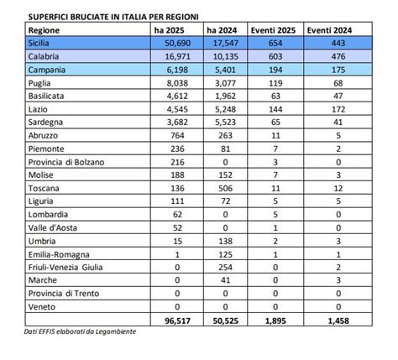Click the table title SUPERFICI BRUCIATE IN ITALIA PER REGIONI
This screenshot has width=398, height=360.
pyautogui.click(x=113, y=17)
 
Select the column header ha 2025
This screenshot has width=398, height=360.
pyautogui.click(x=169, y=30)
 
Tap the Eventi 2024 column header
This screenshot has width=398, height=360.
pyautogui.click(x=329, y=30)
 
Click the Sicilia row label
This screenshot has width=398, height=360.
pyautogui.click(x=39, y=43)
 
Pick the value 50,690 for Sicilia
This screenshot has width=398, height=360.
pyautogui.click(x=177, y=43)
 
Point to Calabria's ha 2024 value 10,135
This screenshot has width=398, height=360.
pyautogui.click(x=225, y=56)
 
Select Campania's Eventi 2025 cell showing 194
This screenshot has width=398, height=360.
pyautogui.click(x=275, y=70)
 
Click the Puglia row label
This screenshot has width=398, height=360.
pyautogui.click(x=39, y=83)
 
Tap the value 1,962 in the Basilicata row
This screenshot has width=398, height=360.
pyautogui.click(x=226, y=97)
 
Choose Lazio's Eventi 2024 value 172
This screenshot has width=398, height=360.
pyautogui.click(x=338, y=109)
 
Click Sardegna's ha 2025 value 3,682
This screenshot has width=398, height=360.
pyautogui.click(x=177, y=123)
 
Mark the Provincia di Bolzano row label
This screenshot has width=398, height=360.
pyautogui.click(x=66, y=162)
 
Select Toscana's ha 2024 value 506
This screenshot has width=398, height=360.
pyautogui.click(x=226, y=188)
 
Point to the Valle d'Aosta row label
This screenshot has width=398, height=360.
pyautogui.click(x=53, y=228)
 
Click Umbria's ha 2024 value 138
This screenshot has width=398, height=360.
pyautogui.click(x=226, y=241)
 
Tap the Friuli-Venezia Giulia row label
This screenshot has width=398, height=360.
pyautogui.click(x=65, y=268)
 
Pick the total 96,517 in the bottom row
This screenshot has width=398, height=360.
pyautogui.click(x=178, y=321)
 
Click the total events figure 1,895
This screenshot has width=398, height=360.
pyautogui.click(x=275, y=321)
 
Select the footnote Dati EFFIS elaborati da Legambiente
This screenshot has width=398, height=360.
pyautogui.click(x=80, y=331)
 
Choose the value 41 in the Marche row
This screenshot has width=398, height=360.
pyautogui.click(x=226, y=280)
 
